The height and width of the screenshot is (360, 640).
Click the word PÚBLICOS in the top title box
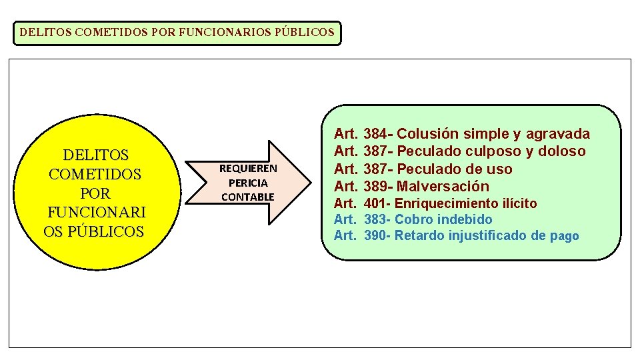point(304,31)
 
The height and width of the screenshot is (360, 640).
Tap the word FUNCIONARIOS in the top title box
point(225,31)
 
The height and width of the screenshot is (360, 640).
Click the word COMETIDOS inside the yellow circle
point(95,175)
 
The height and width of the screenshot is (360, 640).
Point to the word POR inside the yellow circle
point(95,193)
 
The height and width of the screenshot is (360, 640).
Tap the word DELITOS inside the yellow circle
point(95,155)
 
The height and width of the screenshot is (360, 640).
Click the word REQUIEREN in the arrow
point(248,169)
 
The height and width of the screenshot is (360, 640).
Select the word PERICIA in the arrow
point(248,183)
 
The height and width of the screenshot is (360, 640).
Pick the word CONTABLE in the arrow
point(248,197)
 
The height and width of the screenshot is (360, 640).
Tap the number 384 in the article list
point(377,134)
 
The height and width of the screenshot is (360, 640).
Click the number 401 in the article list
point(377,203)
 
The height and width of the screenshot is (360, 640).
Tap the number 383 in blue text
point(377,219)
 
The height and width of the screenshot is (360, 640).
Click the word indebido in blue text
point(464,219)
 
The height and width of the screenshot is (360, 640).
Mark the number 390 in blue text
point(377,235)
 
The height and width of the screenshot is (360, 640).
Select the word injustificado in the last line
point(489,235)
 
